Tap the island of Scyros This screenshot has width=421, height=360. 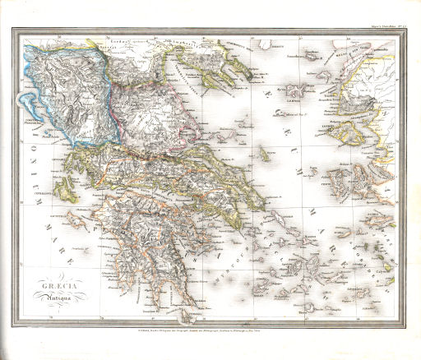(x=267, y=153)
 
